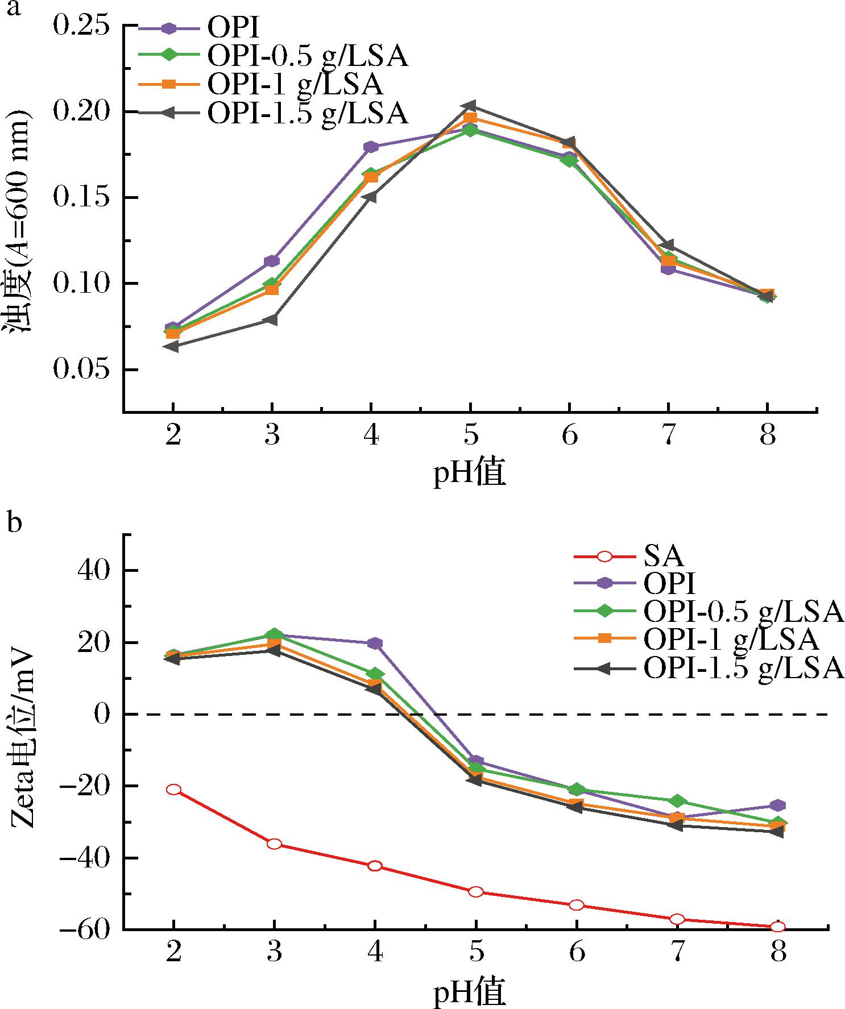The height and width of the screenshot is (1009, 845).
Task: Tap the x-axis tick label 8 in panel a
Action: pyautogui.click(x=767, y=436)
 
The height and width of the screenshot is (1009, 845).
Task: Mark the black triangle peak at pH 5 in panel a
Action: pyautogui.click(x=470, y=106)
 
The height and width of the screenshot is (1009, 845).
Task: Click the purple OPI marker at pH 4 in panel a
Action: pyautogui.click(x=371, y=147)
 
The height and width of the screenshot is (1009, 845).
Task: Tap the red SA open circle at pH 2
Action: pyautogui.click(x=174, y=790)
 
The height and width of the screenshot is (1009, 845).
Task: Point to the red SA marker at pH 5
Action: pyautogui.click(x=476, y=892)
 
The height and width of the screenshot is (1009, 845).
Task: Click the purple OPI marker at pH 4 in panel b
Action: pyautogui.click(x=375, y=643)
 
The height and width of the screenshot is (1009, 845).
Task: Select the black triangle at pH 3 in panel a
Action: pyautogui.click(x=272, y=319)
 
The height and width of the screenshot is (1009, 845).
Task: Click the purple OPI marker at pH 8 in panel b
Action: pyautogui.click(x=778, y=805)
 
